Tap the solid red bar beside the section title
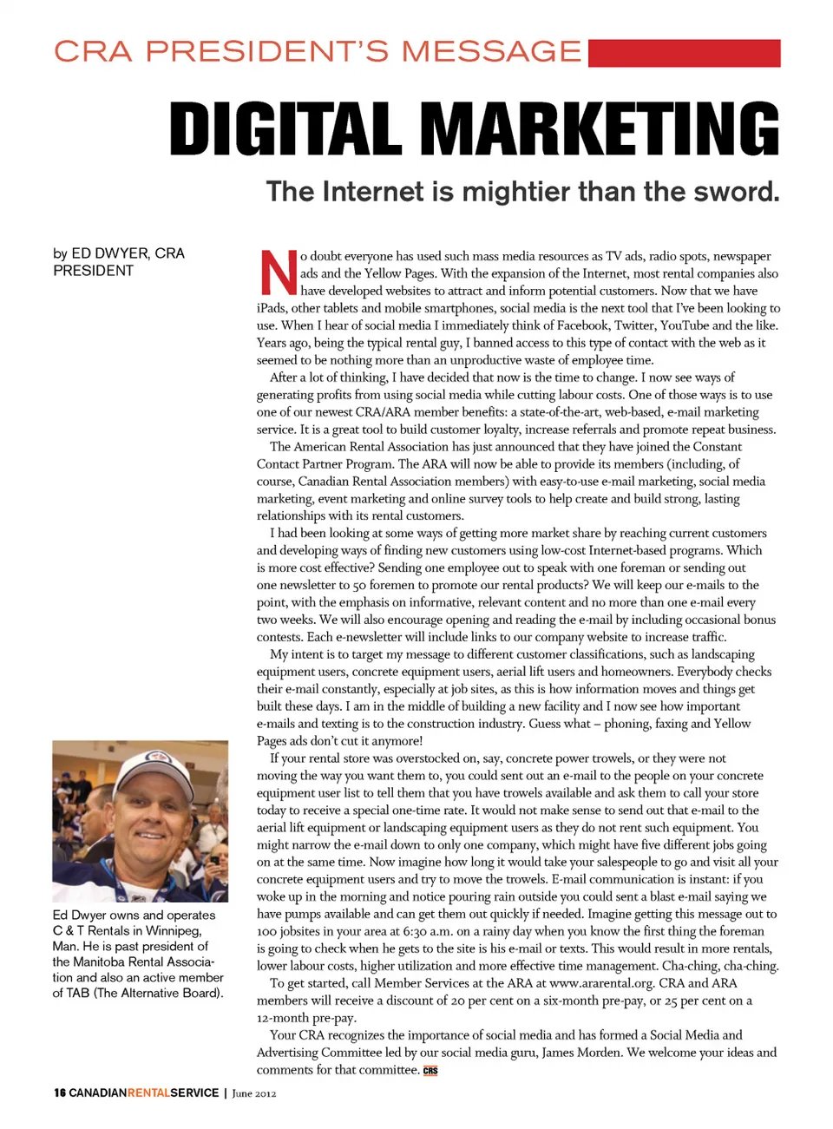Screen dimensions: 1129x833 point(684,53)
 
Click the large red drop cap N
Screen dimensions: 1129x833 point(278,272)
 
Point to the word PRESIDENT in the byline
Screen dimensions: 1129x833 point(94,271)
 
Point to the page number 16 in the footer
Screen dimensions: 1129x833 point(59,1093)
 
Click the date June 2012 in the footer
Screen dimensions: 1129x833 point(254,1093)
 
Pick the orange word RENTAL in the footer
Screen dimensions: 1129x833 point(148,1093)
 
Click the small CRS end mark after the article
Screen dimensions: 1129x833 point(430,1070)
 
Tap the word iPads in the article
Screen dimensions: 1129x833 point(272,308)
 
